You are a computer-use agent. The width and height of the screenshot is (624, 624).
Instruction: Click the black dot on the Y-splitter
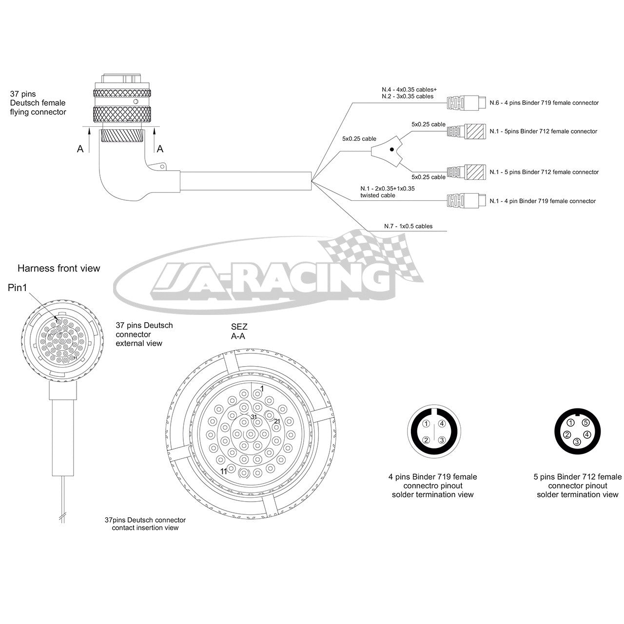point(391,149)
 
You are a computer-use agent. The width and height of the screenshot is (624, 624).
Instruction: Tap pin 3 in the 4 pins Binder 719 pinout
point(442,440)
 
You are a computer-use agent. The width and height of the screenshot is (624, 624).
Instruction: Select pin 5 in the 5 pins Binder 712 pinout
point(585,423)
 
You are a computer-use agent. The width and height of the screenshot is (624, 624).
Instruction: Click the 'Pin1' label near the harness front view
point(18,288)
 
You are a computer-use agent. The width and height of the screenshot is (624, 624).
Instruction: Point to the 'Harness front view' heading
point(58,268)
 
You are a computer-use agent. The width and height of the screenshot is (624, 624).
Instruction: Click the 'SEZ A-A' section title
point(239,331)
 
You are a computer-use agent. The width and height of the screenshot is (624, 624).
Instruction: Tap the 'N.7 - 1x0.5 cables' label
point(409,226)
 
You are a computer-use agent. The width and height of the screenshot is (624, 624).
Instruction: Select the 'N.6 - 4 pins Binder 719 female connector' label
point(544,103)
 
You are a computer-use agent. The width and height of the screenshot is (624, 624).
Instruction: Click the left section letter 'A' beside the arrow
point(80,149)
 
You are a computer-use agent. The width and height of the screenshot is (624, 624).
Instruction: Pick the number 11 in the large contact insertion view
point(224,472)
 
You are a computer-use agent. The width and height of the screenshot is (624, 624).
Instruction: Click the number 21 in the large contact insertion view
point(277,421)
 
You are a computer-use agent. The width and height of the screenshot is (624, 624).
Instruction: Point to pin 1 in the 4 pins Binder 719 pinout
point(427,424)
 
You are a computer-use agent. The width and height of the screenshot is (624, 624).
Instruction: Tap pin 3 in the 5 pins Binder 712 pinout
point(577,442)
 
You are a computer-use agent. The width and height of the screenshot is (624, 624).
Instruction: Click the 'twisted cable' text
point(378,195)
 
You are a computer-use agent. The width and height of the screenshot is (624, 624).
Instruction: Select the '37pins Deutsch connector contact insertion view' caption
point(145,524)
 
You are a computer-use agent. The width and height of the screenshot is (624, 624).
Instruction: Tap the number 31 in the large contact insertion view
point(254,417)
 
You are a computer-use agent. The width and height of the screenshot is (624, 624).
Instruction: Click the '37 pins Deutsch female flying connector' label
point(38,103)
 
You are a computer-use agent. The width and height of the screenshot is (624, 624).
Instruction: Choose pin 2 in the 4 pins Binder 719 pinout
point(427,440)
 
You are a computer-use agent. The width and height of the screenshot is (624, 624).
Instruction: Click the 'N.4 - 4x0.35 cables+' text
point(409,89)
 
